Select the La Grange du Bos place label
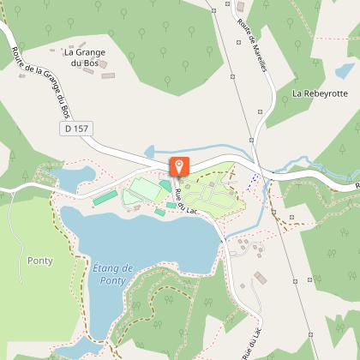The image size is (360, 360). pos(86,57)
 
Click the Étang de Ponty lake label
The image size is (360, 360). pos(111,274)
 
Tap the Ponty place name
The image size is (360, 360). pos(39,261)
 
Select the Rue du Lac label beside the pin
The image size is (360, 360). pos(187,200)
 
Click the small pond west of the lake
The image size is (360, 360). pos(67,177)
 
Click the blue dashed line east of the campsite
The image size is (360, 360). pos(254,181)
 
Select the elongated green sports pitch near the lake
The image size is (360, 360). pos(105,198)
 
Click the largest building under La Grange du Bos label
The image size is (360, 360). pos(107,75)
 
